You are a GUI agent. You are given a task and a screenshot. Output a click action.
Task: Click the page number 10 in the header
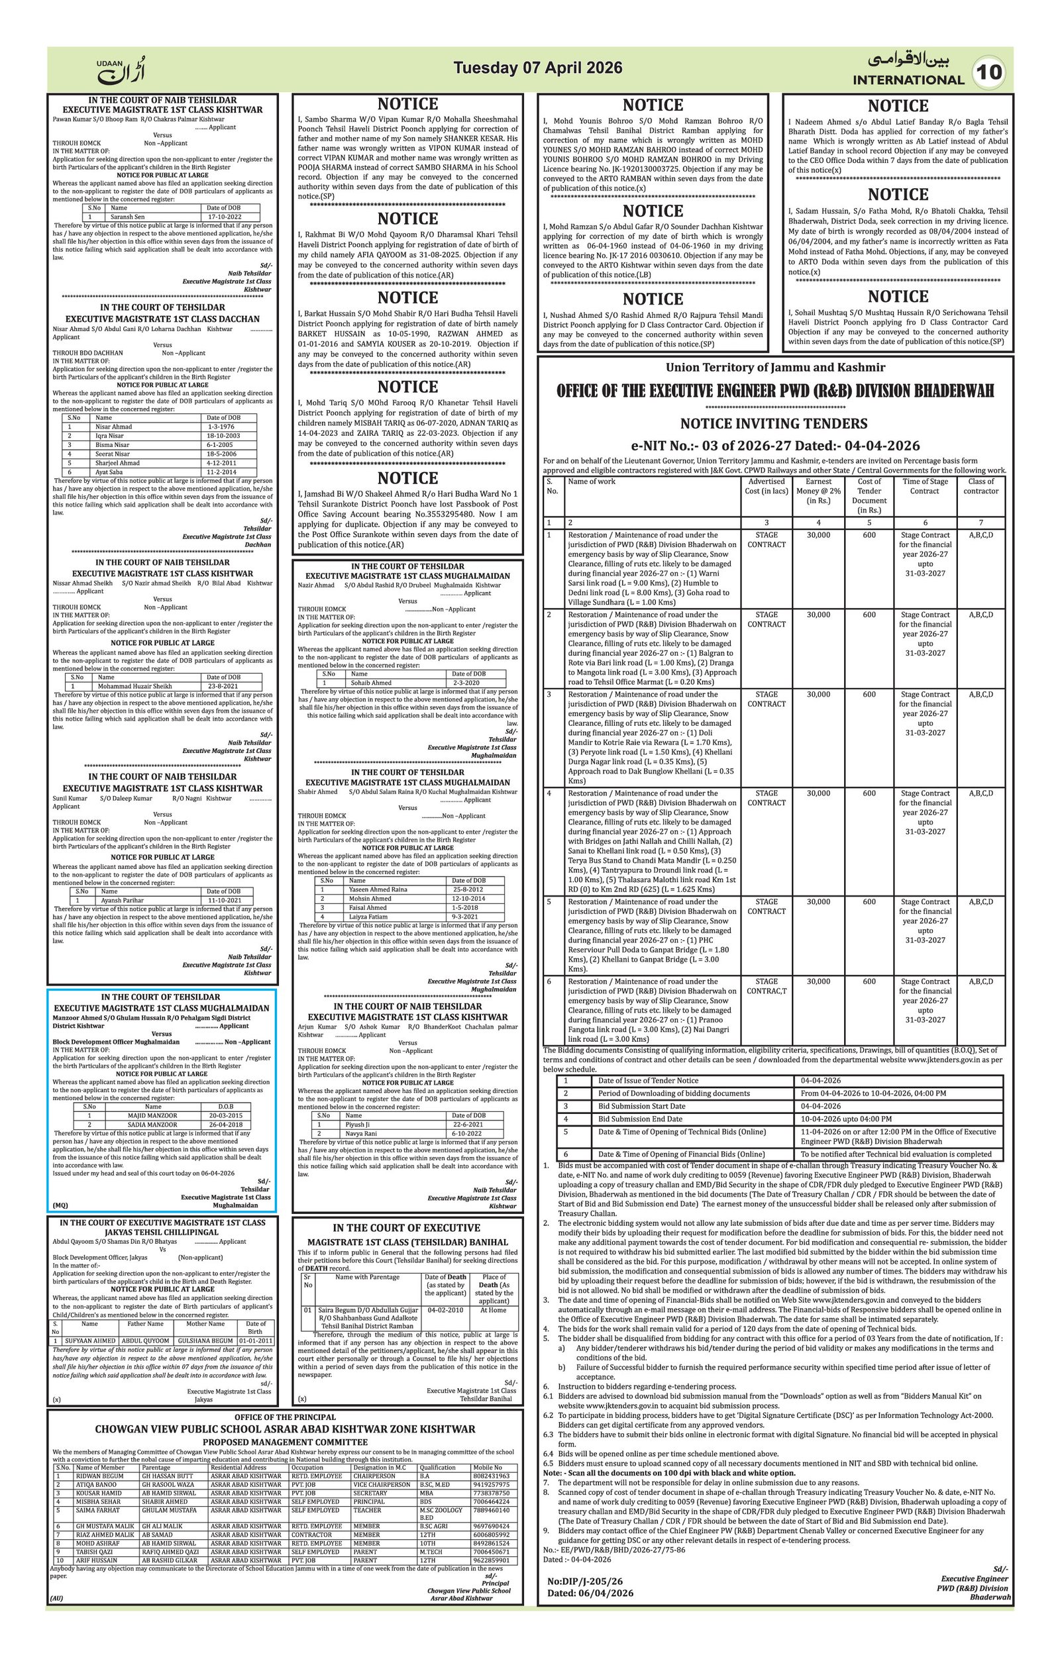pyautogui.click(x=990, y=73)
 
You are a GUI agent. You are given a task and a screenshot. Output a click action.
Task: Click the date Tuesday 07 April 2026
pyautogui.click(x=538, y=68)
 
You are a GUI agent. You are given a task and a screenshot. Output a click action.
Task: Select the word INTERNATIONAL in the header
pyautogui.click(x=908, y=79)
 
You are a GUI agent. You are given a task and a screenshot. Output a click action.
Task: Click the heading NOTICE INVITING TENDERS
pyautogui.click(x=773, y=423)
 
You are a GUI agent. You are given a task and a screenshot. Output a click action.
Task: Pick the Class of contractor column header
pyautogui.click(x=980, y=486)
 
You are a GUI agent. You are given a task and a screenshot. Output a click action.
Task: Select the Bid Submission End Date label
pyautogui.click(x=639, y=1119)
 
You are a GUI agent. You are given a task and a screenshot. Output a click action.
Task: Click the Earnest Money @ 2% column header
pyautogui.click(x=818, y=490)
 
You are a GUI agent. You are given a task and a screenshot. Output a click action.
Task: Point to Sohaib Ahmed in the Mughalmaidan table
pyautogui.click(x=370, y=682)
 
